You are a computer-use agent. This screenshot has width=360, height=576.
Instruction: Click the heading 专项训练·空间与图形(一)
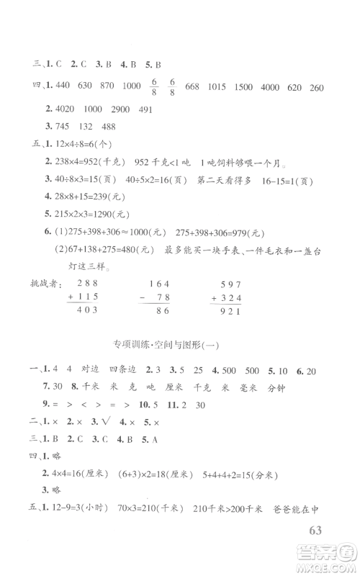coord(179,344)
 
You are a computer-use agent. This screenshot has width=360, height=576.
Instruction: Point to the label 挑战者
coord(39,282)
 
